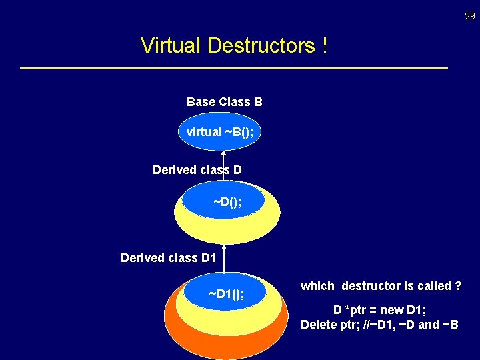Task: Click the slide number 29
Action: (470, 16)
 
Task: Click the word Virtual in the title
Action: (171, 46)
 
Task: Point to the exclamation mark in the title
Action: (324, 46)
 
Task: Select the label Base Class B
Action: (224, 102)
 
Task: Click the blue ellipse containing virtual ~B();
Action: (220, 132)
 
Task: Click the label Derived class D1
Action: (168, 257)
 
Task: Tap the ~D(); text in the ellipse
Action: (227, 201)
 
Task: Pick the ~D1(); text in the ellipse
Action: (226, 294)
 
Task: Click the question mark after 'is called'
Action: (458, 286)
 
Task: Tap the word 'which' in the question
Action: (317, 286)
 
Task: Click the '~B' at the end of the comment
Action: (450, 325)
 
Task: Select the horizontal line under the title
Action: (234, 68)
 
